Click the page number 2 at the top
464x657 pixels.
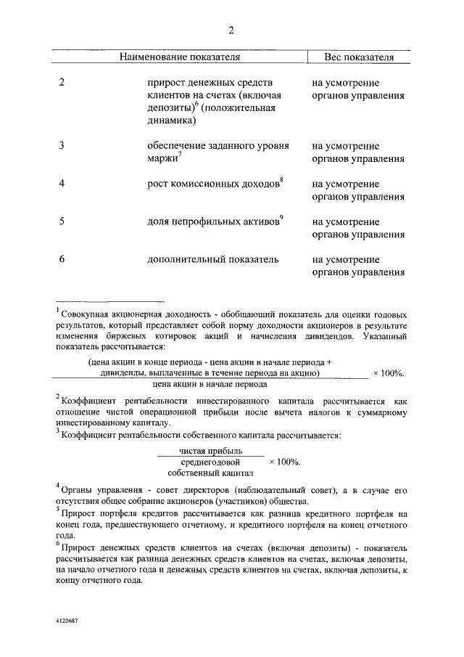[231, 30]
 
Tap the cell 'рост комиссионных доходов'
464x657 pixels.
[212, 184]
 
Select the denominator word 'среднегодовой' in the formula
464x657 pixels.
[210, 462]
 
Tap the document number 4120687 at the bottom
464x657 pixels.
[66, 622]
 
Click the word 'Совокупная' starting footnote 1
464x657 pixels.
[86, 314]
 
